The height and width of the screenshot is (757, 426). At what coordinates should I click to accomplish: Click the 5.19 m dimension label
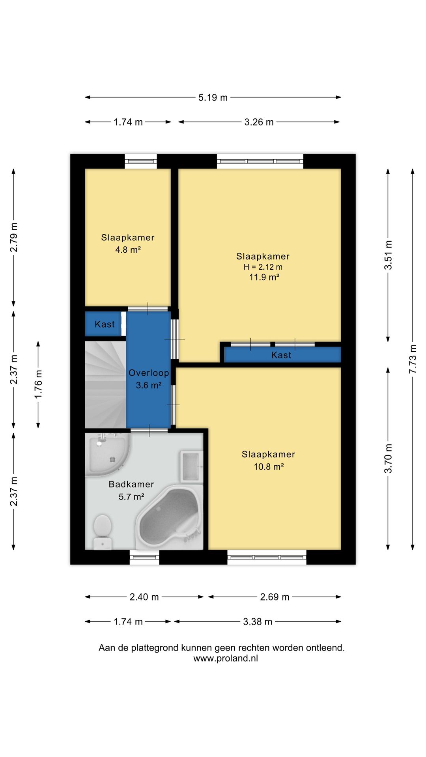[213, 97]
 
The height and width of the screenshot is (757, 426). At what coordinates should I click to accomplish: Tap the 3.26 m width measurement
[259, 122]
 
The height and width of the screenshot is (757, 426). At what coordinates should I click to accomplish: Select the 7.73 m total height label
[413, 359]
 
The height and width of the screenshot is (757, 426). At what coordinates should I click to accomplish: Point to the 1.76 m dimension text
[38, 384]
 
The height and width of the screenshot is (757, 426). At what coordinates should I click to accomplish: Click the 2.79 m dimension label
[14, 237]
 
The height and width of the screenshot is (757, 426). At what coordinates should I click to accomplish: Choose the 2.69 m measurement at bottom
[275, 597]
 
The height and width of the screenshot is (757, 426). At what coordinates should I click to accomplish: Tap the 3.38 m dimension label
[258, 622]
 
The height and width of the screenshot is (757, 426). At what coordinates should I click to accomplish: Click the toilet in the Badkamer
[103, 532]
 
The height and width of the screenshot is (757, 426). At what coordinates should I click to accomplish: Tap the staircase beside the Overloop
[106, 384]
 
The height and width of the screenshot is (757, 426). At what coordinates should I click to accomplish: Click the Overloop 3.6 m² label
[149, 379]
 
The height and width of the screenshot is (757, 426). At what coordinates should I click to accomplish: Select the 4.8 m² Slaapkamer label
[128, 244]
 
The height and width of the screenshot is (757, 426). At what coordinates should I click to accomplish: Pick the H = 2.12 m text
[263, 267]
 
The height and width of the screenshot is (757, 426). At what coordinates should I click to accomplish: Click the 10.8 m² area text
[269, 467]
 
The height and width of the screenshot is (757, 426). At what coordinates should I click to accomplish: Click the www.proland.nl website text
[226, 658]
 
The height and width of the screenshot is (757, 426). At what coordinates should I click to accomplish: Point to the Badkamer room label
[131, 484]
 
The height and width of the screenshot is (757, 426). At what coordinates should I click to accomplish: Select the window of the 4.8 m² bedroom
[141, 161]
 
